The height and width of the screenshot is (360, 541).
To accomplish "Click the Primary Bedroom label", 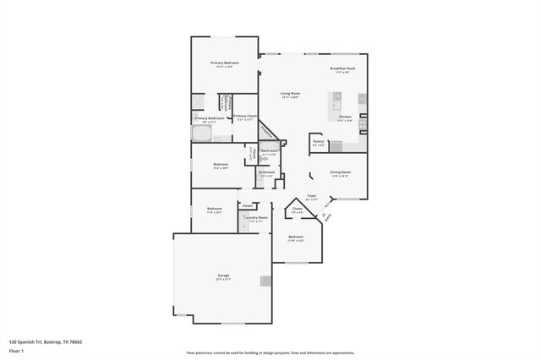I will tap(224, 64).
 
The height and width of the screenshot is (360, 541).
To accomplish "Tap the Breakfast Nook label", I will tap(342, 69).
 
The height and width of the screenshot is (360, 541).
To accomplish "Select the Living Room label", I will tap(291, 95).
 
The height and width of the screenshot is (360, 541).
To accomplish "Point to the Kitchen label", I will tap(345, 119).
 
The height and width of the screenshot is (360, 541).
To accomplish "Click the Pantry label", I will tap(319, 143).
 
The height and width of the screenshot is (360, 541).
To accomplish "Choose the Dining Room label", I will tap(341, 173).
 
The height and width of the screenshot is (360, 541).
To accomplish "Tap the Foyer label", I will tap(311, 197).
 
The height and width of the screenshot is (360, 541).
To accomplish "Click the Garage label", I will tap(223, 277).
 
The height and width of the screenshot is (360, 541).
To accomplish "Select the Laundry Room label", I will tap(255, 219).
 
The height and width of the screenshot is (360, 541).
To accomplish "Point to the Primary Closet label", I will tap(246, 117).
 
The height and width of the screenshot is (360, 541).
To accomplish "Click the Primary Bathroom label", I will tap(209, 120).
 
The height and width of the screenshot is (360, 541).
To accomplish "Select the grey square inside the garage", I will tap(266, 281).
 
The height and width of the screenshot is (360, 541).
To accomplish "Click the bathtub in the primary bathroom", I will tap(202, 134).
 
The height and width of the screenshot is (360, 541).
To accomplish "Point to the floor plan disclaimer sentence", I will tap(270, 353).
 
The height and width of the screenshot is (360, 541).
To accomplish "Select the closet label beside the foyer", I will tap(298, 210).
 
